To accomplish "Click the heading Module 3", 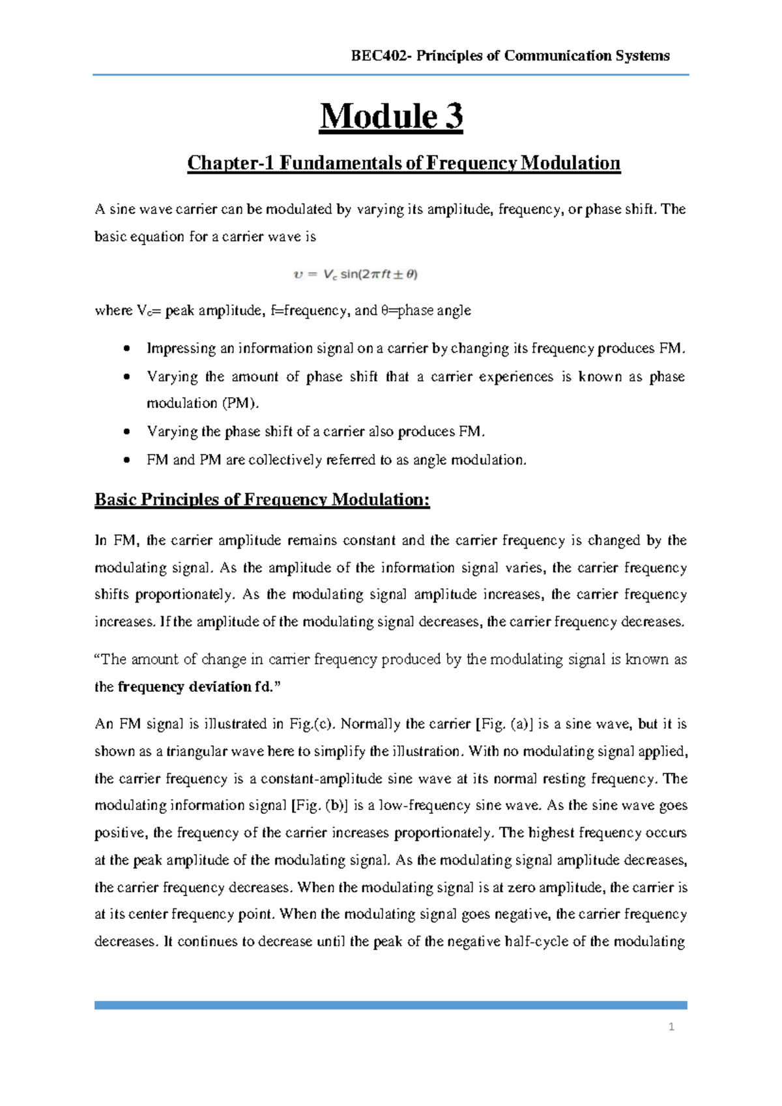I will point(391,117).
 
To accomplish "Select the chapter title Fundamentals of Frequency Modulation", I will point(450,162).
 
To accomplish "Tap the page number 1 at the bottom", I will point(671,1027).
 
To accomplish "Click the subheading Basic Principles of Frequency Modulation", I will point(262,500).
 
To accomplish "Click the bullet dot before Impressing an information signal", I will point(127,349).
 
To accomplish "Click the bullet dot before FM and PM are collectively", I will point(127,460).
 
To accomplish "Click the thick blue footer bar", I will point(391,1005).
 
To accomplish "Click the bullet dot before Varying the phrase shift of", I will point(127,432).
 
